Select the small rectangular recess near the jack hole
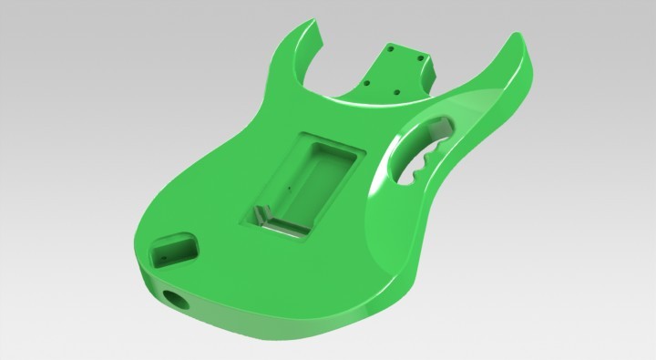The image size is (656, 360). [x=173, y=248]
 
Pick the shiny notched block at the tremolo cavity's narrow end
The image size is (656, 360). [x=261, y=216]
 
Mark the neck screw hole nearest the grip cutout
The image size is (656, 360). [x=397, y=93]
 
